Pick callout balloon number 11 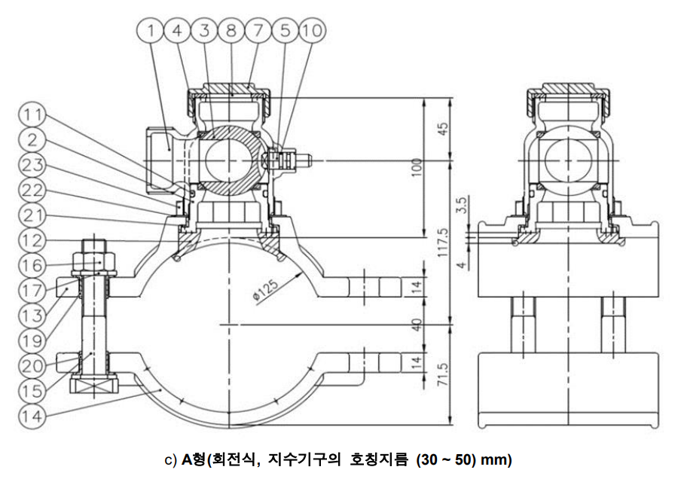[32, 115]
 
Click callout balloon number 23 [32, 165]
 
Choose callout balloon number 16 [32, 265]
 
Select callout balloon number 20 [32, 365]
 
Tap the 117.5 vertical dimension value [441, 243]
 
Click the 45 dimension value [441, 129]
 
